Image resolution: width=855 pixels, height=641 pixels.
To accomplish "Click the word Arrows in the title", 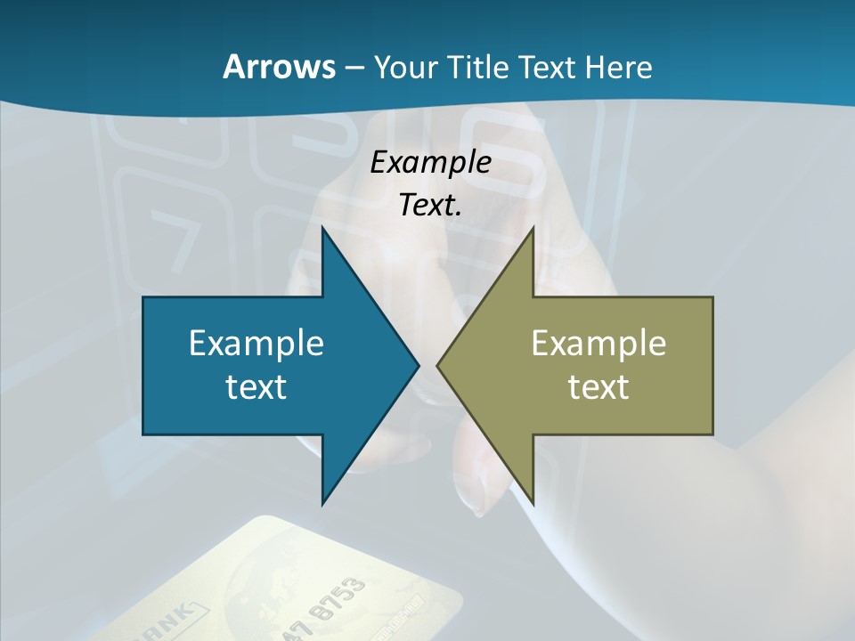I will tap(278, 67).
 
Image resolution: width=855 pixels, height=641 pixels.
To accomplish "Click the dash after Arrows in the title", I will tap(354, 68).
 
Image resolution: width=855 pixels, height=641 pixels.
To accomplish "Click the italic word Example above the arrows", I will tap(431, 162).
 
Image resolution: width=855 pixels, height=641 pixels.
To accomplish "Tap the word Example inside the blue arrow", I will tap(256, 344).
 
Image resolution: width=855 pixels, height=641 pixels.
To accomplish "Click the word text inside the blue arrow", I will tap(256, 387).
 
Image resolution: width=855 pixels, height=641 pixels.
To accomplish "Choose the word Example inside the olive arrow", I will tap(598, 344).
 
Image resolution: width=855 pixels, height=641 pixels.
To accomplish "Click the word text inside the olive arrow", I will tap(598, 387).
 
